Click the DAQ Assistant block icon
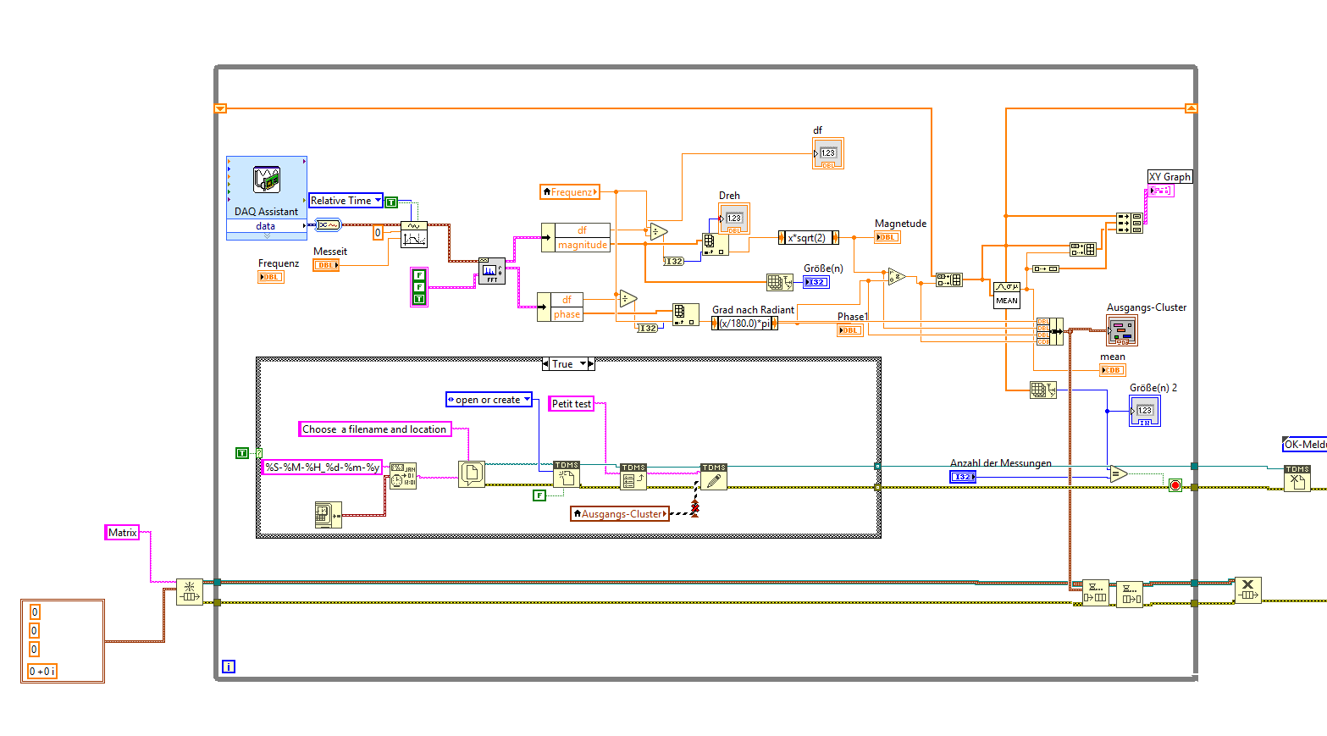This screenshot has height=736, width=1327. [x=266, y=180]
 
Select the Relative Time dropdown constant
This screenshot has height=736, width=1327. [x=345, y=201]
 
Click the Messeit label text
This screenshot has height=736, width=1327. [x=330, y=252]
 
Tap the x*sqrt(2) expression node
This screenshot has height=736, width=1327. [x=809, y=238]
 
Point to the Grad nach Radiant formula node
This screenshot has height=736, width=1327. [x=744, y=324]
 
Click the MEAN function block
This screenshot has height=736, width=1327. [x=1007, y=295]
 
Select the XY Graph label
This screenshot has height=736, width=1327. [x=1169, y=177]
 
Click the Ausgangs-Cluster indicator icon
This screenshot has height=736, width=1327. [x=1122, y=329]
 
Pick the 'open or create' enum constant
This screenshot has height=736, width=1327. [x=489, y=400]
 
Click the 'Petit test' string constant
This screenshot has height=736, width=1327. [x=572, y=404]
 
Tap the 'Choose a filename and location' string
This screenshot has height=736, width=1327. [x=374, y=429]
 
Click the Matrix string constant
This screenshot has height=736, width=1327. [x=122, y=533]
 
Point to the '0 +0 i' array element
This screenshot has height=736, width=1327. [x=42, y=672]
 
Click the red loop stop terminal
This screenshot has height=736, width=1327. [x=1175, y=485]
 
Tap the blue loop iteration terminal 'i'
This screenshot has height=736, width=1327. [x=229, y=667]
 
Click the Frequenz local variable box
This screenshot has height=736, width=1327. [x=570, y=192]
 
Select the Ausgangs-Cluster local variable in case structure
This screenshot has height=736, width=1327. [x=620, y=514]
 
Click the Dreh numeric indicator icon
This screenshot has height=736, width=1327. [x=734, y=219]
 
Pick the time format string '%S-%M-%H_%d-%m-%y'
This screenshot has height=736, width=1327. [x=322, y=468]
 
